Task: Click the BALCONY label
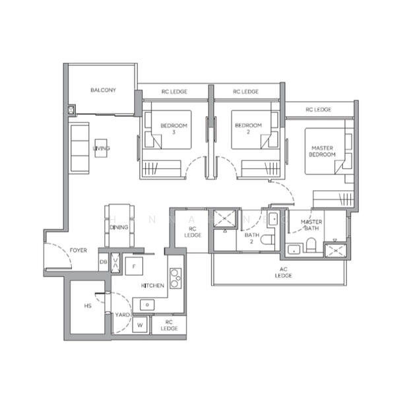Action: [x=104, y=90]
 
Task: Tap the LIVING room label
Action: [x=101, y=148]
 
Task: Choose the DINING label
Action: [x=119, y=227]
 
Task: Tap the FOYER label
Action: [x=79, y=250]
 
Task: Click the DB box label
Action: [x=103, y=262]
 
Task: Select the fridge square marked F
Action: [x=134, y=265]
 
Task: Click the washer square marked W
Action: [x=140, y=325]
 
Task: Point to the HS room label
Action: [x=87, y=306]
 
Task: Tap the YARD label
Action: [x=123, y=315]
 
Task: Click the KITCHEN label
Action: [x=152, y=285]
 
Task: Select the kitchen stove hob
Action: [x=175, y=279]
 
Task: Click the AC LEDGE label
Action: [x=284, y=272]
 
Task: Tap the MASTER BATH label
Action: [x=311, y=225]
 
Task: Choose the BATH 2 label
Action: [x=251, y=238]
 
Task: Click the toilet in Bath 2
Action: [x=267, y=241]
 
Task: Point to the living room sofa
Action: [x=80, y=148]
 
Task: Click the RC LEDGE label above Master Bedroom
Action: [x=318, y=110]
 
